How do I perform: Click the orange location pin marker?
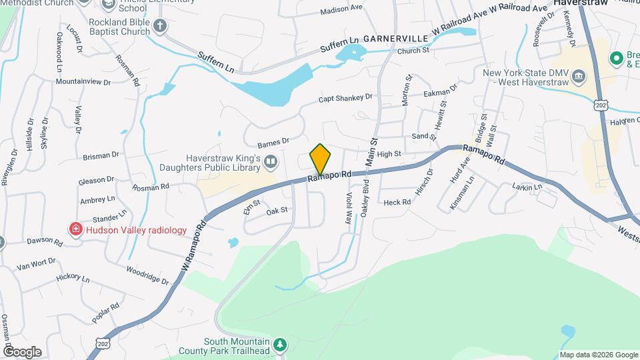[320, 159]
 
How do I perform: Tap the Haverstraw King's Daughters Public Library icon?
[271, 161]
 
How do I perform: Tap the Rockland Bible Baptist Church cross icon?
[159, 26]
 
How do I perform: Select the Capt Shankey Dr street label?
[345, 99]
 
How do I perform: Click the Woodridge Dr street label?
[147, 275]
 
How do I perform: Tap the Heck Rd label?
[397, 201]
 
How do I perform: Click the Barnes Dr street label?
[273, 142]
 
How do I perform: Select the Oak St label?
[277, 210]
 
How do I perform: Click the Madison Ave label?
[341, 10]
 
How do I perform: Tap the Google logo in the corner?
[22, 351]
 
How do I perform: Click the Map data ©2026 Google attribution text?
[598, 355]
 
